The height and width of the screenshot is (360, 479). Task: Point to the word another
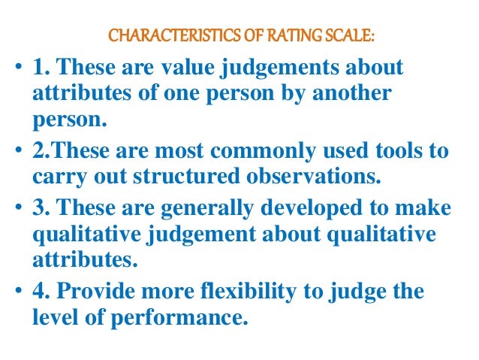point(348,95)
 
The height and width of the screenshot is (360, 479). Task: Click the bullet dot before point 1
point(18,71)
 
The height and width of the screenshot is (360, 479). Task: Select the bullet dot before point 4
point(18,293)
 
